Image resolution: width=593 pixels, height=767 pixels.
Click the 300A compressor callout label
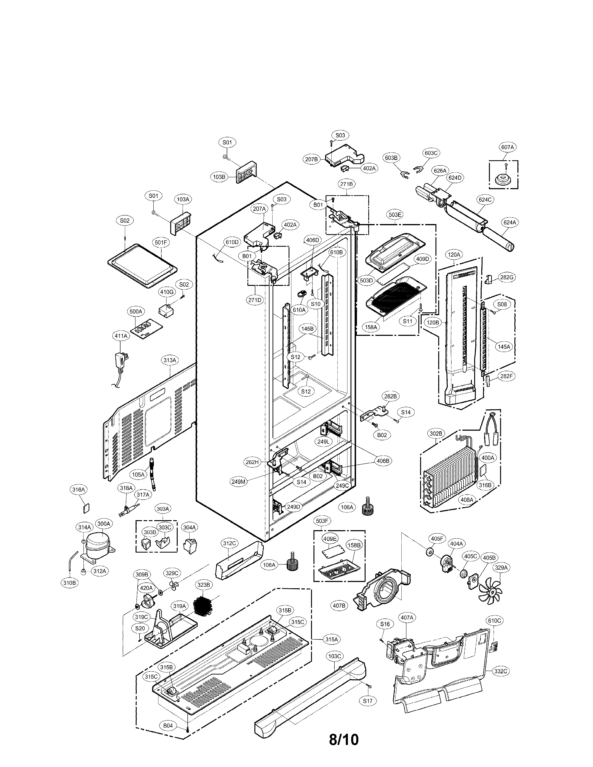point(104,533)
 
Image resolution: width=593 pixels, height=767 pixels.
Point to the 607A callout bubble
point(507,148)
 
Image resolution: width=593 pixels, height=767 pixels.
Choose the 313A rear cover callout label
point(170,360)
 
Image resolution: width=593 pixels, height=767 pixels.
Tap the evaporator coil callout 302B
point(436,434)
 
